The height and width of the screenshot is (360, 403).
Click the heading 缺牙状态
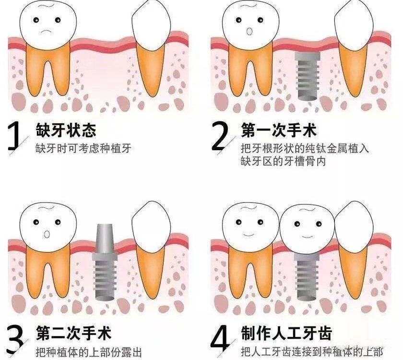[66, 130]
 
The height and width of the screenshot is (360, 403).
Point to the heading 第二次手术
[73, 333]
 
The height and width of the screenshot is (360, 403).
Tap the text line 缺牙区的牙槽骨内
[283, 161]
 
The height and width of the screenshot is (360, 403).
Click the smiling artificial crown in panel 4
[305, 228]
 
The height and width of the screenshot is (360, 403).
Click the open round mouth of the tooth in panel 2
[249, 32]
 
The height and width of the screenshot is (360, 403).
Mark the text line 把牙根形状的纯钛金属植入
[305, 148]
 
